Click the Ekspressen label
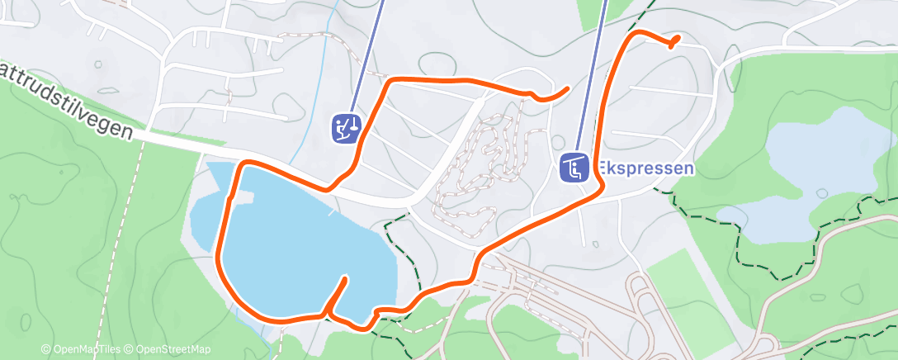(x=645, y=168)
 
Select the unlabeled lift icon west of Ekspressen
(x=346, y=128)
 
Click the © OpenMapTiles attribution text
(x=80, y=350)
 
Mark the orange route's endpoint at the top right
(x=676, y=39)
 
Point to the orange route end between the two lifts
(x=566, y=88)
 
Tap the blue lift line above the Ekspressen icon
(x=596, y=66)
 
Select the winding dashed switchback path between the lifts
(x=487, y=161)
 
